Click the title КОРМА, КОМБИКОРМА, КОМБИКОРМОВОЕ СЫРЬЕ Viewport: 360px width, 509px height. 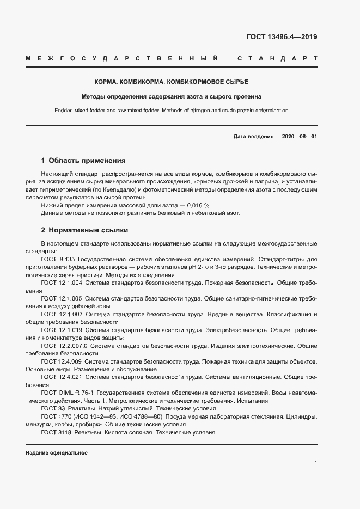(172, 82)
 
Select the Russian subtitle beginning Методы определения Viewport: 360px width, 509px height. (172, 96)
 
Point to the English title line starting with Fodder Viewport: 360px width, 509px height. (172, 110)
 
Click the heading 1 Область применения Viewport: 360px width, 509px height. (83, 161)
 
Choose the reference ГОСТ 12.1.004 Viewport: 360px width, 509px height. (62, 284)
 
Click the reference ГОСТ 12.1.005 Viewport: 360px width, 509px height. (62, 299)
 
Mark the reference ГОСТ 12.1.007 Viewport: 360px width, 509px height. (62, 315)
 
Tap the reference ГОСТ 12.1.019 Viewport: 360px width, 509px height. (62, 330)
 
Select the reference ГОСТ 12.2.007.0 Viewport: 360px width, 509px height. (64, 346)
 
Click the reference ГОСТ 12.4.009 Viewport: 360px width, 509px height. (62, 361)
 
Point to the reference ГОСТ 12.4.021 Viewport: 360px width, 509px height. (62, 377)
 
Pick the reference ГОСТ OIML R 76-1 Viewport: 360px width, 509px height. (68, 393)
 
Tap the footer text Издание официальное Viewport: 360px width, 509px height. (57, 453)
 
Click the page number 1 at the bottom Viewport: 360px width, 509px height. (315, 462)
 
